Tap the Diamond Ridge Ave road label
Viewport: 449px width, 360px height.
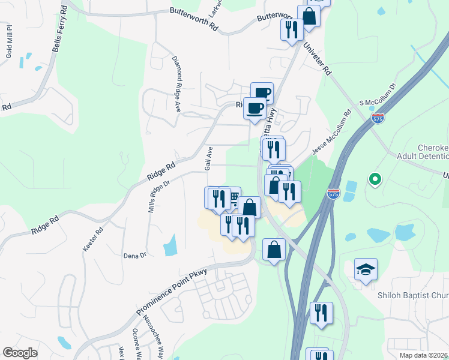[176, 85]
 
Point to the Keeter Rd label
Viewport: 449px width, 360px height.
[93, 238]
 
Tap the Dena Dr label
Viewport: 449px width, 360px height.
[134, 255]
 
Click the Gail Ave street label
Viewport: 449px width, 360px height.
[209, 158]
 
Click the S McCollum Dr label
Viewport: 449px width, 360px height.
[378, 95]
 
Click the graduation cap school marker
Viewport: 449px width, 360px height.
[366, 270]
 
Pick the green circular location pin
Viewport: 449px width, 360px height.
[375, 179]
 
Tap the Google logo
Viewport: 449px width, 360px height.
[20, 353]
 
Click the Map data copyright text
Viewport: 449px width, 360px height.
[424, 355]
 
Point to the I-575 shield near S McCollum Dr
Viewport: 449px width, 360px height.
[378, 119]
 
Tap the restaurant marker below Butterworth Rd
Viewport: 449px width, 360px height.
[292, 29]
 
